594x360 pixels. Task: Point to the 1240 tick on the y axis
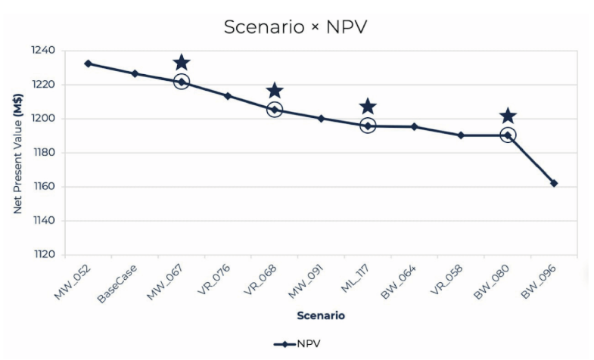pos(44,51)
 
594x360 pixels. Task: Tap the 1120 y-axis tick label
pos(44,255)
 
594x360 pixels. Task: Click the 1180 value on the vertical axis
pos(44,153)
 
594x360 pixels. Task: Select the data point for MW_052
pos(89,64)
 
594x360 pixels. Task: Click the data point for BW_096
pos(554,183)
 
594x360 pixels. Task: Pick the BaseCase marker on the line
pos(135,73)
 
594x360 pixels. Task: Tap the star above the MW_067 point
pos(182,63)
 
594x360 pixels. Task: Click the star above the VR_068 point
pos(275,91)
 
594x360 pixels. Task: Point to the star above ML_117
pos(368,107)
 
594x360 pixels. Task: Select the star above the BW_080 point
pos(508,116)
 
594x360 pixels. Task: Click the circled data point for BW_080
pos(508,135)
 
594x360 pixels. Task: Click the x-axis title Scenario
pos(321,315)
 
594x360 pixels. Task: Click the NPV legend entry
pos(297,343)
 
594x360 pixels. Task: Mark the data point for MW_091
pos(321,118)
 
